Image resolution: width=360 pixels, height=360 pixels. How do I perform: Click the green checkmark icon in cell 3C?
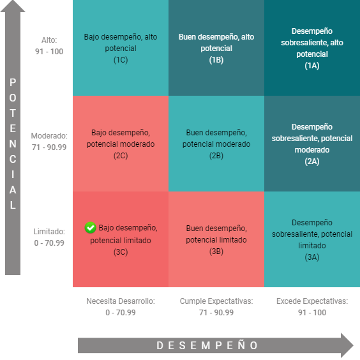pyautogui.click(x=91, y=228)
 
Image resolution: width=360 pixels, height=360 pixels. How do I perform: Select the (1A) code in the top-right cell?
pyautogui.click(x=312, y=66)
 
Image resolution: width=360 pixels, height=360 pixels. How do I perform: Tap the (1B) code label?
pyautogui.click(x=216, y=60)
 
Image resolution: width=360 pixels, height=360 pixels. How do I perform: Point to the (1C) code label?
pyautogui.click(x=121, y=60)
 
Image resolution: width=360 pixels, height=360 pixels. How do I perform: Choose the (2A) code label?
pyautogui.click(x=312, y=161)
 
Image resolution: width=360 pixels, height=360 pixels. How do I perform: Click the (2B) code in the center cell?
pyautogui.click(x=216, y=156)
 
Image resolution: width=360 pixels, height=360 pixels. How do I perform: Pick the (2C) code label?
pyautogui.click(x=121, y=156)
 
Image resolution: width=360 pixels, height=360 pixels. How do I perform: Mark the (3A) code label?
pyautogui.click(x=312, y=257)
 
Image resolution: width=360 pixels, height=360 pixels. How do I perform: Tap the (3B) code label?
pyautogui.click(x=216, y=251)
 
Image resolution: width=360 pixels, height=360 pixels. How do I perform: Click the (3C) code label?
pyautogui.click(x=121, y=252)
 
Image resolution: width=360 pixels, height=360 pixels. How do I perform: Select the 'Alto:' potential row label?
pyautogui.click(x=49, y=40)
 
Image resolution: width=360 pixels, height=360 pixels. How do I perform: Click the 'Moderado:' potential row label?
pyautogui.click(x=49, y=136)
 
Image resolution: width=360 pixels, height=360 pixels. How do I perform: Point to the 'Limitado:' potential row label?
pyautogui.click(x=49, y=232)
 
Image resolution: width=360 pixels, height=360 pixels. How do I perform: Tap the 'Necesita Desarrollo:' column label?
pyautogui.click(x=121, y=301)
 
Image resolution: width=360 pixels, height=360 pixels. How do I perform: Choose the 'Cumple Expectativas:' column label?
pyautogui.click(x=216, y=301)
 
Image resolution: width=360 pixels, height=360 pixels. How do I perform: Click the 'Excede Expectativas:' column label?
pyautogui.click(x=312, y=301)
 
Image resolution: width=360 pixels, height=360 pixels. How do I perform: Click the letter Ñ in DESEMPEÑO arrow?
pyautogui.click(x=241, y=345)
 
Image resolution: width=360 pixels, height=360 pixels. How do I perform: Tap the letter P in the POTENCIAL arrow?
pyautogui.click(x=13, y=82)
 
